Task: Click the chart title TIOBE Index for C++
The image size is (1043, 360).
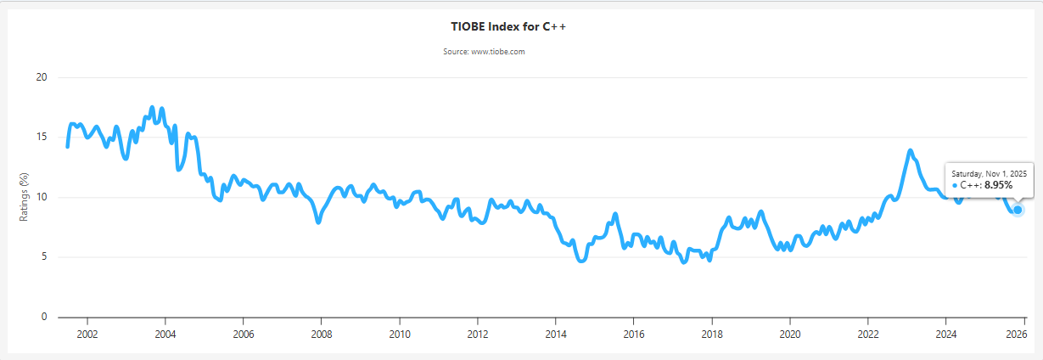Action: pyautogui.click(x=508, y=26)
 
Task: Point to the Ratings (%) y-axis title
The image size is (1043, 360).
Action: pyautogui.click(x=25, y=197)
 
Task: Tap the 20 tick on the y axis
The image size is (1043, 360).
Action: pyautogui.click(x=41, y=77)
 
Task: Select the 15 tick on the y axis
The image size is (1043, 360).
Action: pyautogui.click(x=41, y=138)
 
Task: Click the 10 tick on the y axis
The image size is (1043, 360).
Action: pyautogui.click(x=41, y=197)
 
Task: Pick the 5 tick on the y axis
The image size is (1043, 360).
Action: pyautogui.click(x=43, y=257)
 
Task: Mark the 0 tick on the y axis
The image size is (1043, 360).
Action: pyautogui.click(x=43, y=318)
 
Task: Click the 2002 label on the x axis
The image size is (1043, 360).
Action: pyautogui.click(x=87, y=334)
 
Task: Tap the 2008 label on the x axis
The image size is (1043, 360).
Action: pyautogui.click(x=321, y=334)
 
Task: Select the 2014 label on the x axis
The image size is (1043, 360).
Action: pyautogui.click(x=555, y=334)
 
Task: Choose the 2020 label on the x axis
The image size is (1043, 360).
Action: pyautogui.click(x=789, y=334)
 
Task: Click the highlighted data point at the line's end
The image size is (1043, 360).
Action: pyautogui.click(x=1018, y=210)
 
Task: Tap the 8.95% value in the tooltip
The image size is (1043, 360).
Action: pyautogui.click(x=998, y=184)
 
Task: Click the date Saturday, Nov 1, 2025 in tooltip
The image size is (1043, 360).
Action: pyautogui.click(x=989, y=173)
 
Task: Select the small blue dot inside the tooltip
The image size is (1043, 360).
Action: pyautogui.click(x=955, y=184)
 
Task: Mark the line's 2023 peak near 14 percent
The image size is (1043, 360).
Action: pyautogui.click(x=910, y=151)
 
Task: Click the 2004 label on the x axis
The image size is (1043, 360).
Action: pyautogui.click(x=165, y=334)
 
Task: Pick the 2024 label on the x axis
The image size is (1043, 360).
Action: pyautogui.click(x=945, y=334)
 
